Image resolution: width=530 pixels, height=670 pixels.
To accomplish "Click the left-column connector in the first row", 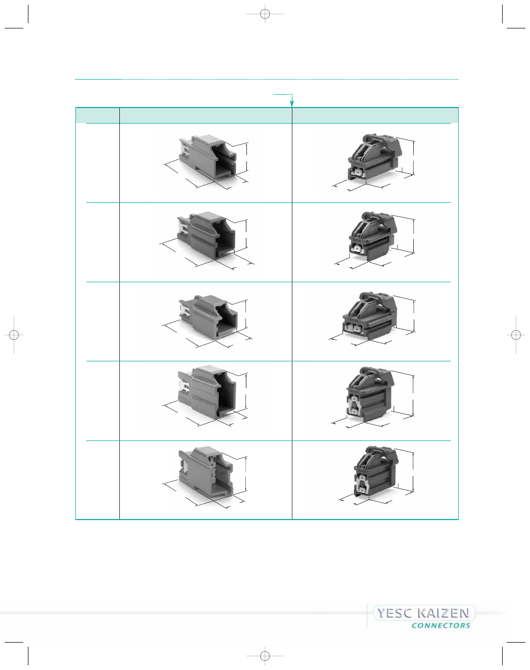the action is click(208, 158).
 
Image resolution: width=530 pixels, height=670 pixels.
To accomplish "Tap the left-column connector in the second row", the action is click(206, 235).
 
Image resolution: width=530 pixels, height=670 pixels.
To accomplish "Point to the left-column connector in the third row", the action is click(208, 317).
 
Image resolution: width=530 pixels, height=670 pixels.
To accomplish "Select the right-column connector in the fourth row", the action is click(370, 394).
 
